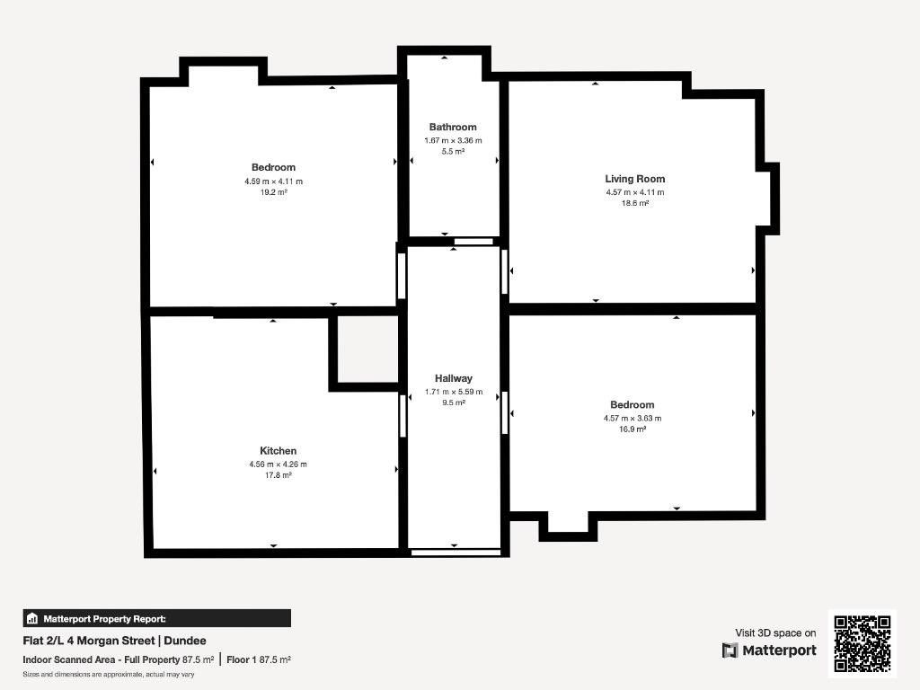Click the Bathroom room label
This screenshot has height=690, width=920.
click(453, 127)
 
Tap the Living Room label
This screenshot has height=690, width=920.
click(635, 179)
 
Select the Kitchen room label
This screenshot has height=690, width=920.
click(279, 451)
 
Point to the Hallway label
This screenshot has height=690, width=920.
click(454, 378)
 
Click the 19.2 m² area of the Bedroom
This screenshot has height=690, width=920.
click(273, 192)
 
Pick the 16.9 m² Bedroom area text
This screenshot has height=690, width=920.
click(632, 429)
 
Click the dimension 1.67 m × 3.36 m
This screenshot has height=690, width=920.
click(453, 141)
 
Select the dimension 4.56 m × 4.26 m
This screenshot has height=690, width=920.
click(279, 464)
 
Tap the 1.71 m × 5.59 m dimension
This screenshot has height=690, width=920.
click(454, 392)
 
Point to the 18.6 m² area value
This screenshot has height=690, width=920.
click(635, 204)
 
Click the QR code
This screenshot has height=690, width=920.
click(862, 643)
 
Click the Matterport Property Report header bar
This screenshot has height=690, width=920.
click(156, 618)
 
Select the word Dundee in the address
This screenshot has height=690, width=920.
click(185, 641)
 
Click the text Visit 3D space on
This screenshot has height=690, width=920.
click(775, 633)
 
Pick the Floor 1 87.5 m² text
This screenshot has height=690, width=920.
click(259, 659)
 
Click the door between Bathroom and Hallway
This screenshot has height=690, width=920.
click(474, 241)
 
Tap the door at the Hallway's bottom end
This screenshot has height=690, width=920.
click(456, 553)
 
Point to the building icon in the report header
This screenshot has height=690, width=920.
click(32, 618)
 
